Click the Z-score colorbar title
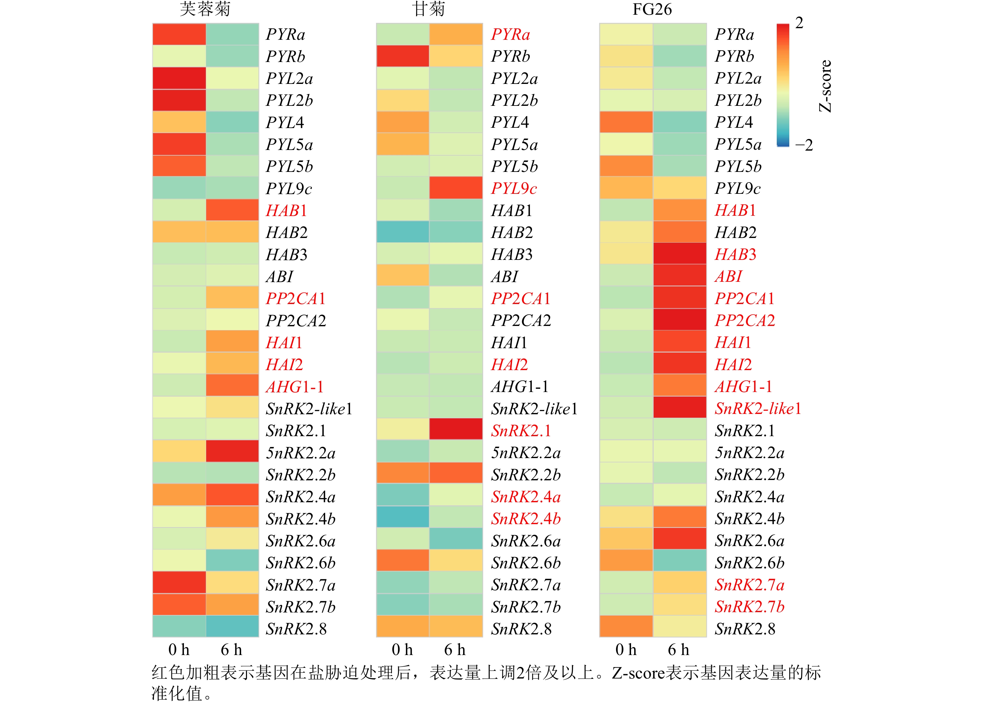pos(825,86)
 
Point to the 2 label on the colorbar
pos(799,23)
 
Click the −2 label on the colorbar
pos(804,145)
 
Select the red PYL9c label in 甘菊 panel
pos(514,188)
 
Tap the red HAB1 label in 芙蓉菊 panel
pos(286,210)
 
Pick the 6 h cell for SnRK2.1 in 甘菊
pos(456,429)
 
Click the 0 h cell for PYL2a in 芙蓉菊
pos(179,78)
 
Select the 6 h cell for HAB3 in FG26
pos(680,254)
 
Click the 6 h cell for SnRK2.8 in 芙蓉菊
pos(232,626)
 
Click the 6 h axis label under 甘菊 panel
pos(455,650)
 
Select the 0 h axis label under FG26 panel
pos(626,650)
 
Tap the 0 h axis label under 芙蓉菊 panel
pos(179,650)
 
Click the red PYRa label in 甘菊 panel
pos(510,34)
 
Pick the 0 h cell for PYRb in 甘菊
pos(403,56)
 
